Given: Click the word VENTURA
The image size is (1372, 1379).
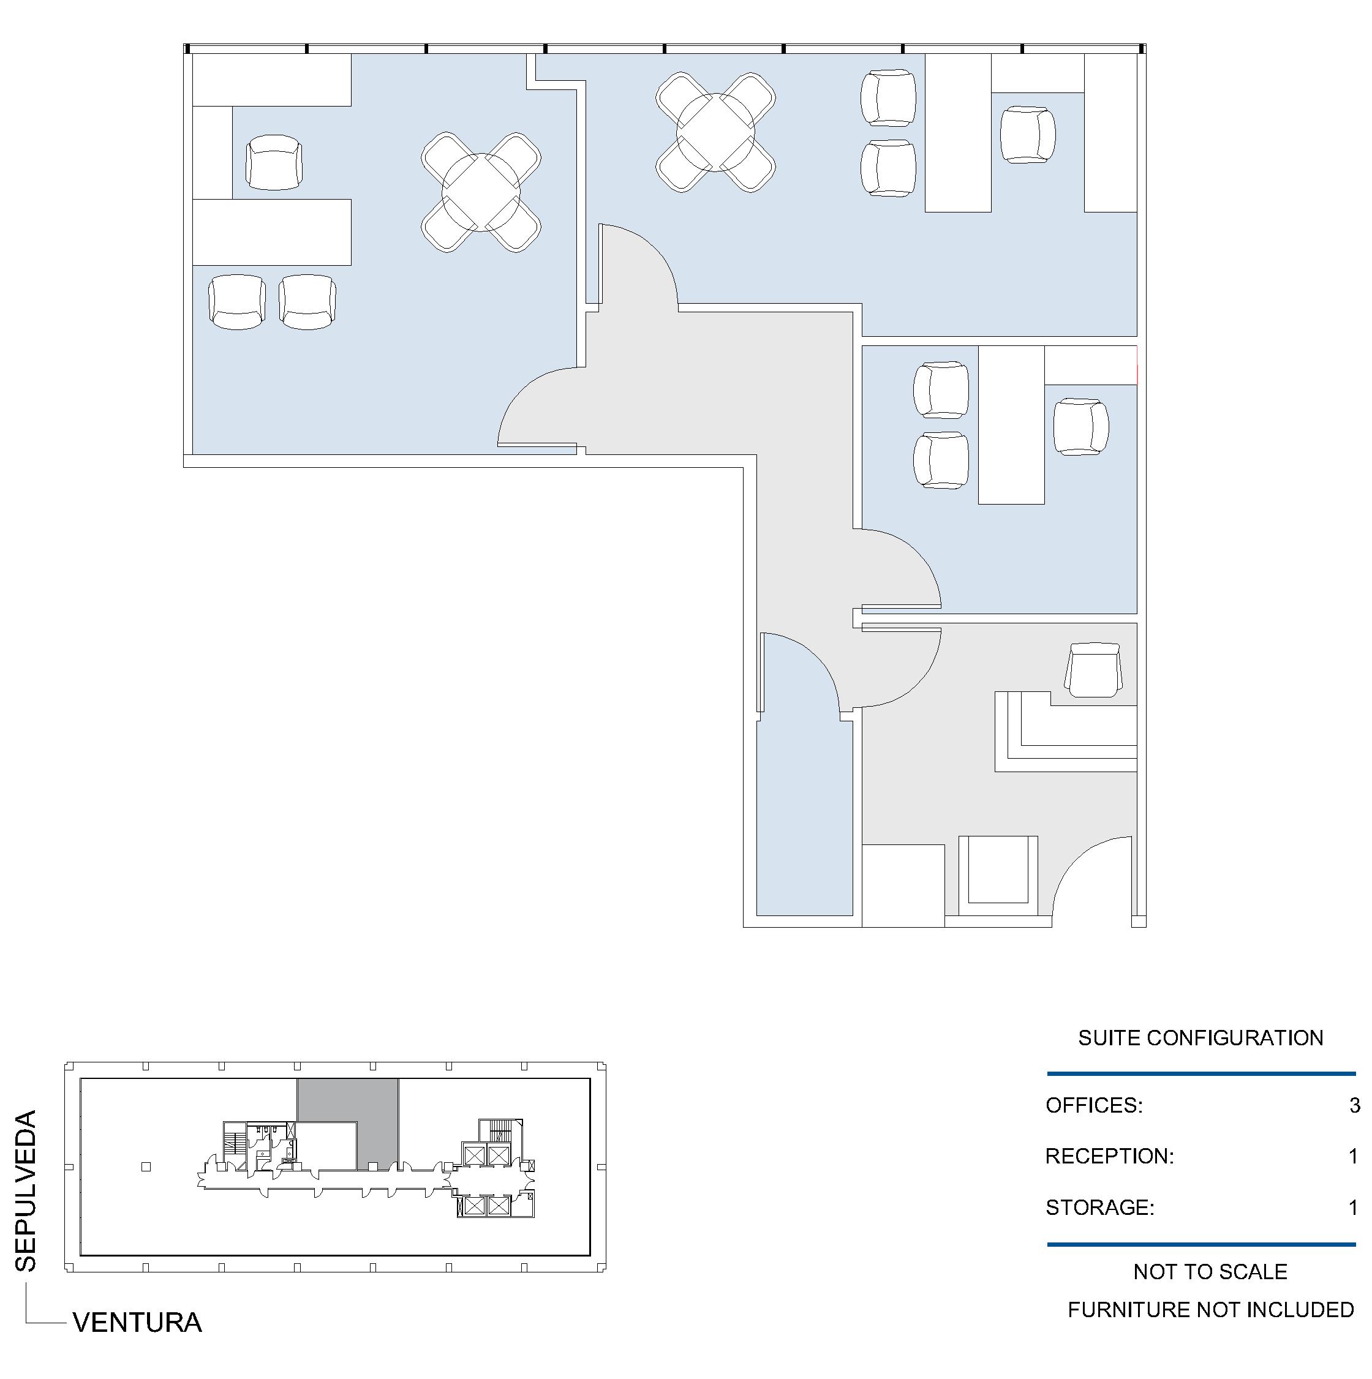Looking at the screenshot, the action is click(137, 1323).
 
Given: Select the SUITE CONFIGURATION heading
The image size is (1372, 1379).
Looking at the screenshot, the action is click(1200, 1038).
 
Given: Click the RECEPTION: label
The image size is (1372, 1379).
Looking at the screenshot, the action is click(1109, 1156).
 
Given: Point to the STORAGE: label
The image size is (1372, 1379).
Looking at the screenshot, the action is click(1100, 1208).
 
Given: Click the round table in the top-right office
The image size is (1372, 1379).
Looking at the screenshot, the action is click(715, 132).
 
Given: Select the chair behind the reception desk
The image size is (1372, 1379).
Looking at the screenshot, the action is click(1093, 669).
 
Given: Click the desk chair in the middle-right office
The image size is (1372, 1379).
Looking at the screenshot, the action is click(1080, 427).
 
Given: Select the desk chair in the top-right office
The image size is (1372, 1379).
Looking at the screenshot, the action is click(1028, 134).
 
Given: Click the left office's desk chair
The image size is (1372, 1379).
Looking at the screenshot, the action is click(274, 163).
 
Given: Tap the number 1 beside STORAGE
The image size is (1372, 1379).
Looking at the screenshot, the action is click(1353, 1208).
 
